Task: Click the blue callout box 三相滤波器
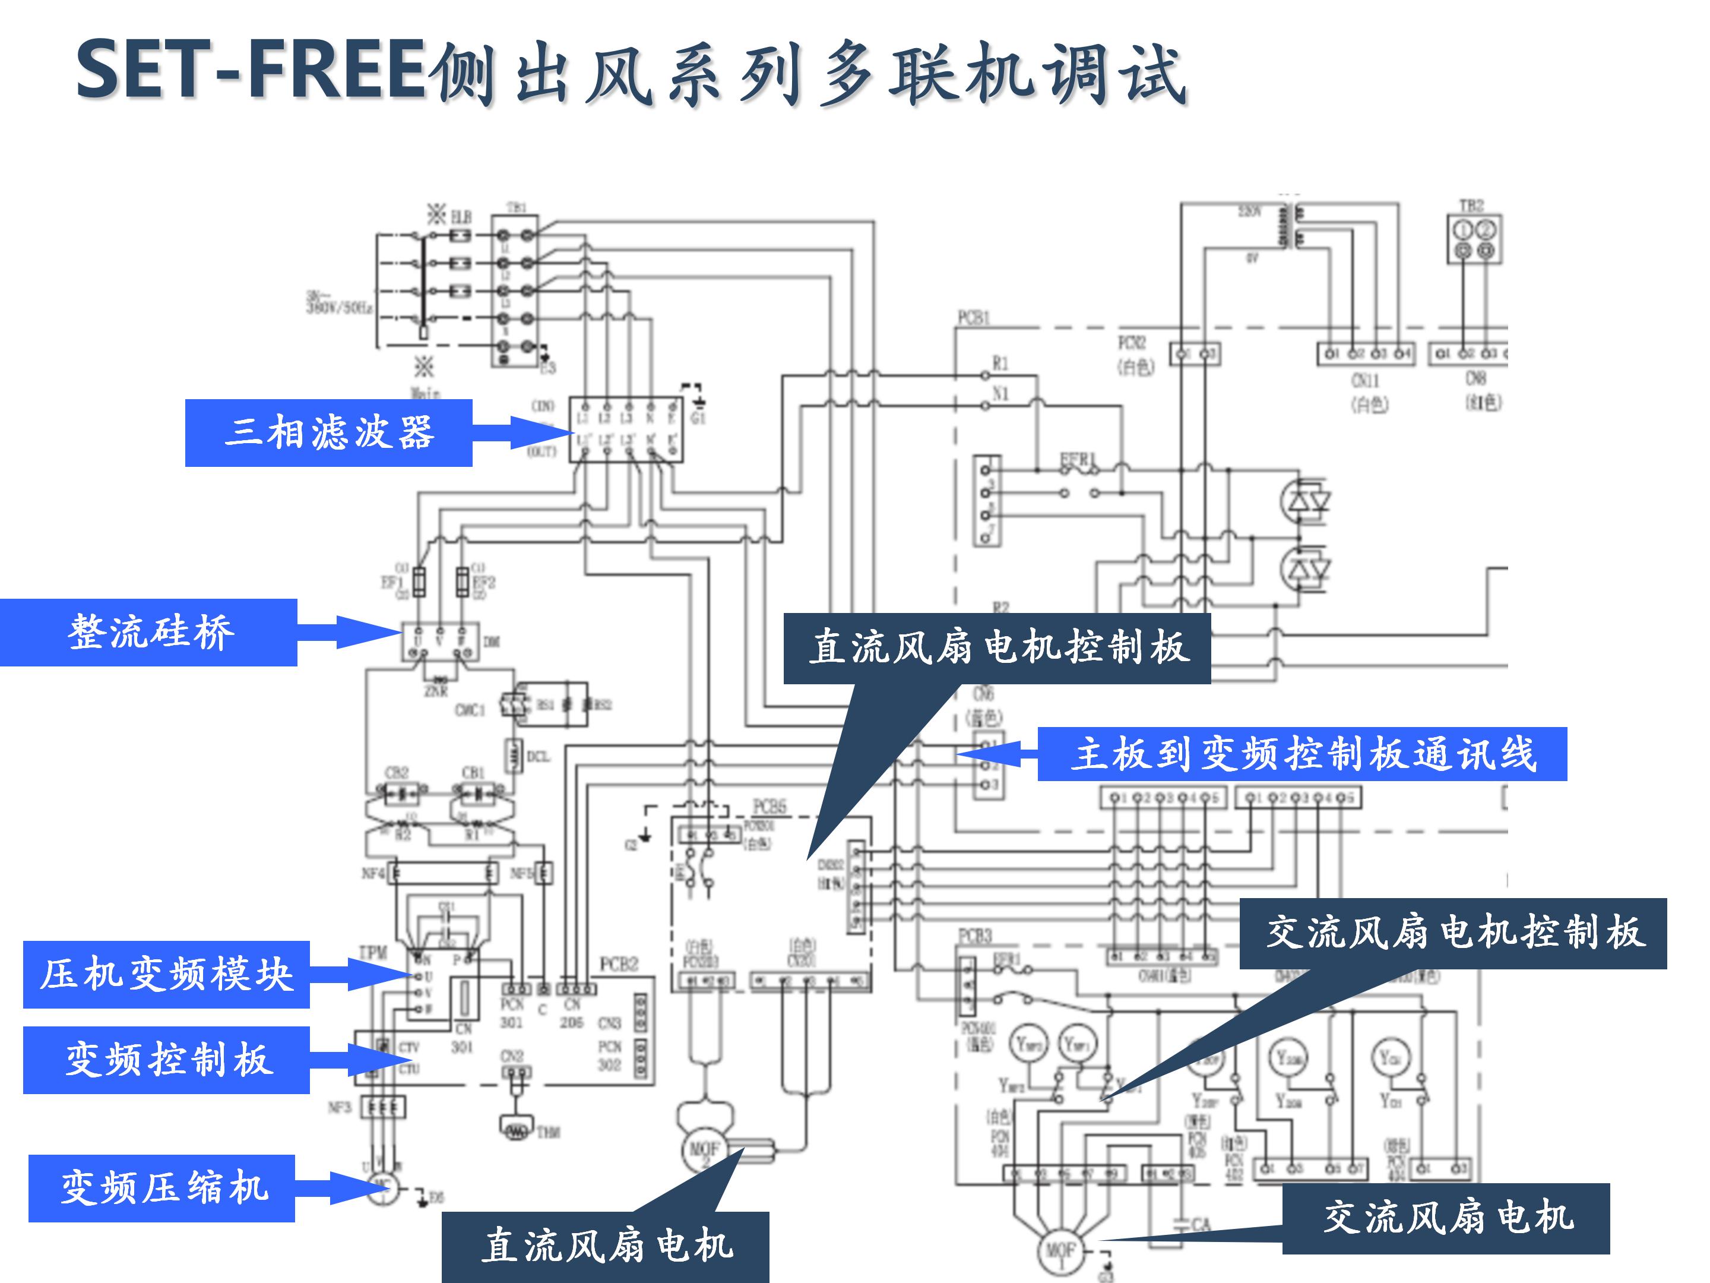tap(328, 432)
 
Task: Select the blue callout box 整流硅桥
tap(149, 632)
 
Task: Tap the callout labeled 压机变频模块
tap(166, 975)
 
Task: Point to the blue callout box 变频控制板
tap(166, 1060)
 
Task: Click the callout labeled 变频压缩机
tap(161, 1188)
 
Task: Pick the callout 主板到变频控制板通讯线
tap(1302, 754)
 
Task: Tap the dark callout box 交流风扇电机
tap(1446, 1218)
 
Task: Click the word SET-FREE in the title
tap(251, 71)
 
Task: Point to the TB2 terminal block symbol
tap(1474, 240)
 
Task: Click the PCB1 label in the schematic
tap(973, 318)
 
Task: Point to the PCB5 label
tap(769, 807)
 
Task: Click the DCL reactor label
tap(538, 756)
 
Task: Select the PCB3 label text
tap(974, 937)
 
